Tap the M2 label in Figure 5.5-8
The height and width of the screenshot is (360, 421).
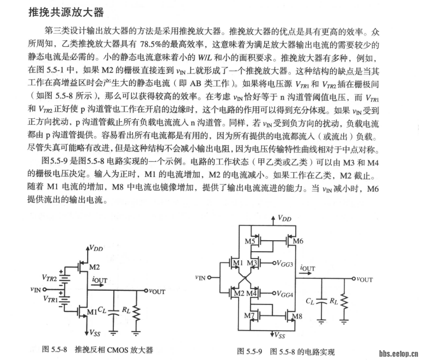[x=94, y=267]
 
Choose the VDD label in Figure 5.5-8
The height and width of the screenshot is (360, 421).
[x=96, y=248]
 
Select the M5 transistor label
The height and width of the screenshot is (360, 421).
[x=250, y=241]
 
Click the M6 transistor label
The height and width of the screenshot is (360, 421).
[x=297, y=241]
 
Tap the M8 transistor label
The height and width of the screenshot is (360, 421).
[x=297, y=316]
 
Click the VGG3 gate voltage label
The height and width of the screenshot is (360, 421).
[x=284, y=264]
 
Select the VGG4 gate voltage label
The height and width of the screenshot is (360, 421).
[x=284, y=295]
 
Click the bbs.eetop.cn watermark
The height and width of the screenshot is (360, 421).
[x=398, y=353]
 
